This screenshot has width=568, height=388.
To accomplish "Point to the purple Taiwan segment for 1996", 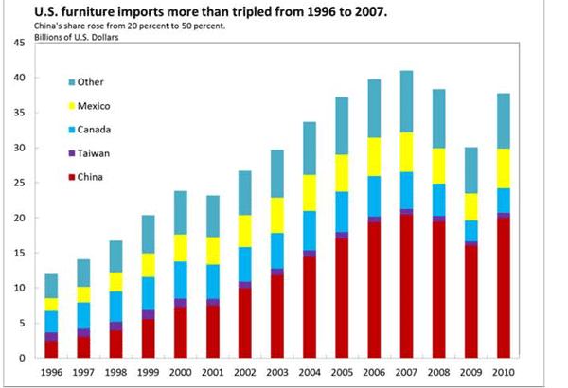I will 51,337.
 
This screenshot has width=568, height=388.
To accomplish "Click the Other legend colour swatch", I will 73,81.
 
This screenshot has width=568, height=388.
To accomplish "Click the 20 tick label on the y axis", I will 19,218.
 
